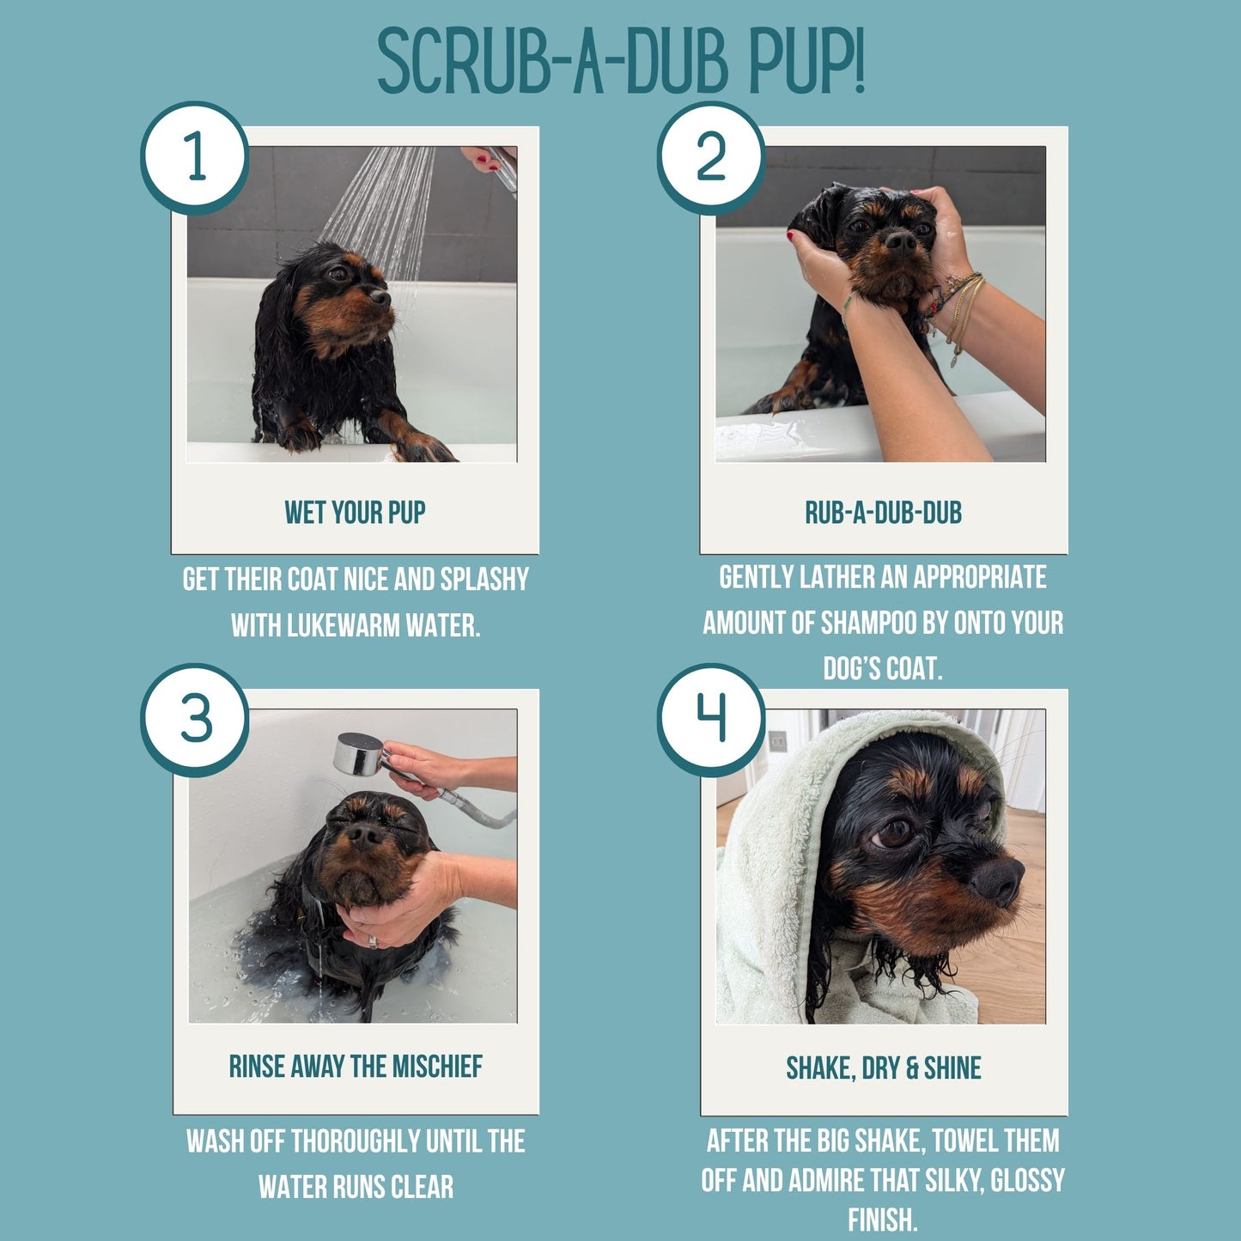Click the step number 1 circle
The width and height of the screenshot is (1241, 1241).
tap(195, 157)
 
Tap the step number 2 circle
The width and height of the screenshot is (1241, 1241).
tap(711, 157)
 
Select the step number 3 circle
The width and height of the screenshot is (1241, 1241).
tap(195, 719)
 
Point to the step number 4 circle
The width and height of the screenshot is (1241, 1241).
tap(711, 719)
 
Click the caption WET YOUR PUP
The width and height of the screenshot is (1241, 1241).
tap(355, 513)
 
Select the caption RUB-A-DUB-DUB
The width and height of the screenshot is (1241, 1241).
tap(883, 513)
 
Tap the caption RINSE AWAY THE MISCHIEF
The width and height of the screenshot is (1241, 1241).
tap(355, 1067)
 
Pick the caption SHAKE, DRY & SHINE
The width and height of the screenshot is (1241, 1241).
tap(883, 1068)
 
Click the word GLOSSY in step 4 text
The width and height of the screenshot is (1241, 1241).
tap(1027, 1181)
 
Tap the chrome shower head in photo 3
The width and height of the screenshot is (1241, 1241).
tap(358, 754)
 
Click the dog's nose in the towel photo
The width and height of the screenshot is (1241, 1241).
tap(999, 880)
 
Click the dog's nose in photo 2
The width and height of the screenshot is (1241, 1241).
tap(901, 241)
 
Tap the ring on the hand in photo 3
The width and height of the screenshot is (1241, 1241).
tap(372, 941)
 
